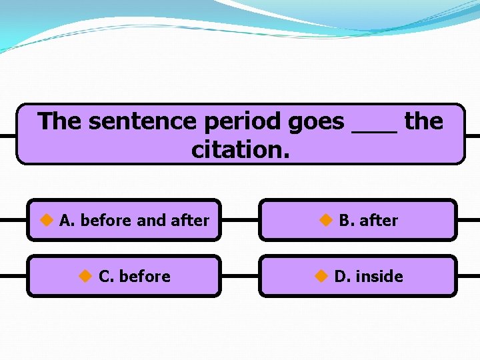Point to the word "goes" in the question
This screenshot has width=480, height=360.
click(316, 121)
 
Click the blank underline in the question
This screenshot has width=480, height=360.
click(374, 131)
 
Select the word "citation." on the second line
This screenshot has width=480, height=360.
click(241, 150)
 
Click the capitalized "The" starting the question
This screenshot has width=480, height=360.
click(60, 121)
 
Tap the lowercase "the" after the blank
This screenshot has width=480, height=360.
click(423, 121)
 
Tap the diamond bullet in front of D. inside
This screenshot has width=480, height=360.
click(321, 275)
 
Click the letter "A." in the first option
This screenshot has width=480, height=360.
click(67, 220)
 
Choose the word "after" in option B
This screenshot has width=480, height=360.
click(379, 220)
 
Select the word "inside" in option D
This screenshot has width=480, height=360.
click(379, 276)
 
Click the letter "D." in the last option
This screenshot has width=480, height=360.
click(342, 276)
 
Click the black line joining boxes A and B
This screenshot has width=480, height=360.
click(239, 219)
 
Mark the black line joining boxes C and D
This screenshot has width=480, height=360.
click(239, 275)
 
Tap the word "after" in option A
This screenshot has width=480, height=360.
click(190, 220)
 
